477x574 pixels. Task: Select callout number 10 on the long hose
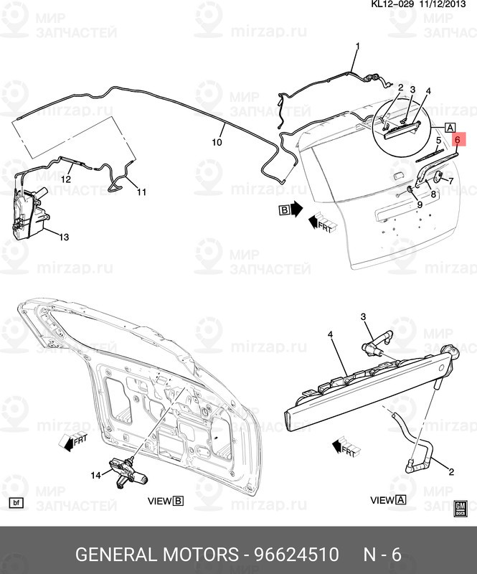point(217,142)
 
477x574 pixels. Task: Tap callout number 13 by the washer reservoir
point(64,237)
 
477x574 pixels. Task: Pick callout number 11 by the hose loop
point(141,192)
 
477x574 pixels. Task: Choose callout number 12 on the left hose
point(65,179)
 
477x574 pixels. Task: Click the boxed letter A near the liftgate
point(450,128)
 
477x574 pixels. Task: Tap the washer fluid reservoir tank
point(27,214)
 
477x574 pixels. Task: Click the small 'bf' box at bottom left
point(17,502)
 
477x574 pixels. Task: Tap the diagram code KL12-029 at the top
point(390,5)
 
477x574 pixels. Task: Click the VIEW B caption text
point(166,501)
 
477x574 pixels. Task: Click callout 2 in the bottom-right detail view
point(451,471)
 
